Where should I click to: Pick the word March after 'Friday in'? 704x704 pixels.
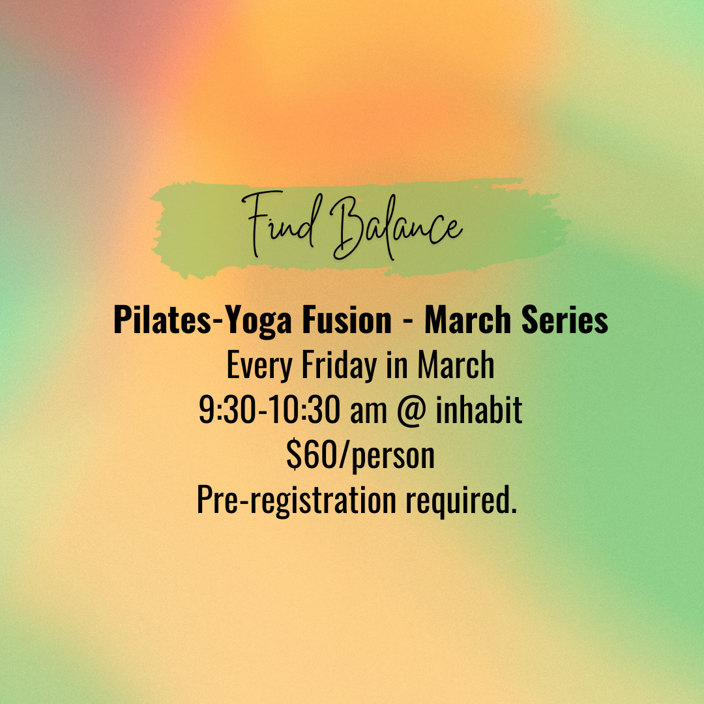(456, 366)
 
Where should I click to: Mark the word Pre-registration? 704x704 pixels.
(297, 501)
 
